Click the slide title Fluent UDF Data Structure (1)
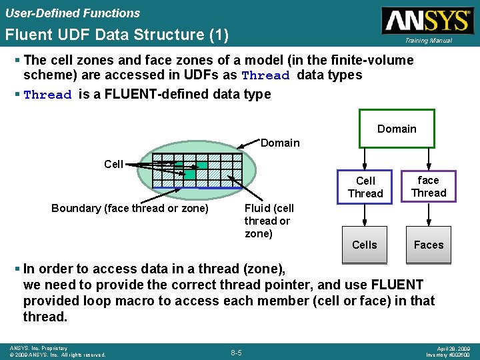(x=116, y=34)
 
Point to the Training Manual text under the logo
(x=427, y=41)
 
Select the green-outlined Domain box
(x=397, y=129)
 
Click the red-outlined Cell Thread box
(x=365, y=187)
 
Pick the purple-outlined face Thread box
(x=429, y=186)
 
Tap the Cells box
(x=365, y=245)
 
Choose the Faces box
(x=429, y=245)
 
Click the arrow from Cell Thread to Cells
(x=365, y=215)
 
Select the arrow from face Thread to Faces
(x=429, y=215)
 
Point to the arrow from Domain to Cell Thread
(x=365, y=158)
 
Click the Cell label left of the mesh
(x=113, y=164)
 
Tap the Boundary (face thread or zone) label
(x=130, y=208)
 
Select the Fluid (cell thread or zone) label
(x=268, y=220)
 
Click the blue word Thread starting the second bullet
(x=47, y=95)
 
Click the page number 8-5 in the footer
(x=236, y=351)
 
